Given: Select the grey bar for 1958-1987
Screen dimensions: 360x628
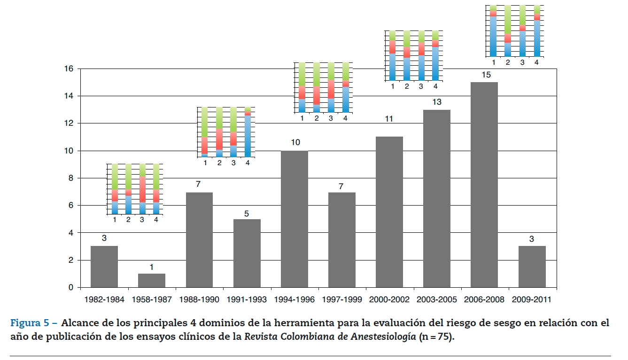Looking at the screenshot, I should (x=152, y=280).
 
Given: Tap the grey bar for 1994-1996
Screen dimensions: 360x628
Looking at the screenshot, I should (x=295, y=219).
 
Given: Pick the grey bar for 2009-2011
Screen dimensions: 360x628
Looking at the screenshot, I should (x=532, y=266).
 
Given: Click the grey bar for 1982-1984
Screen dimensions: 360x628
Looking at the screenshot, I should (x=104, y=266).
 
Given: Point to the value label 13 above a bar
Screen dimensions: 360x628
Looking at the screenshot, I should (x=437, y=102).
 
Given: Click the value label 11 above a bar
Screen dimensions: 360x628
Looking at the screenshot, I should (x=389, y=119).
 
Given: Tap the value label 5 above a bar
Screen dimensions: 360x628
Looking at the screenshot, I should (x=247, y=214).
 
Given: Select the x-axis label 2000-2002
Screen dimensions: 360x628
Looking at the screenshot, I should (x=389, y=299).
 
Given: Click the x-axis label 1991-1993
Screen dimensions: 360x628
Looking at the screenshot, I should (x=247, y=299).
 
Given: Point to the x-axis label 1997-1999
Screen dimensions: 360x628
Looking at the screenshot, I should (x=342, y=299).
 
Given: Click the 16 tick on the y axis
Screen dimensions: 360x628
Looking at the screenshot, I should (x=69, y=69).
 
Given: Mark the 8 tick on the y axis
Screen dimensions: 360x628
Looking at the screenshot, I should (x=70, y=178).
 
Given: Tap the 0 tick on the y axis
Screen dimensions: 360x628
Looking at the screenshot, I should (x=70, y=287).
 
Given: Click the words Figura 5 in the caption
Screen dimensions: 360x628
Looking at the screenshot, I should (x=31, y=323).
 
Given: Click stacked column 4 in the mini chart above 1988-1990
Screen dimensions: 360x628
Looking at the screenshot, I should (x=248, y=132).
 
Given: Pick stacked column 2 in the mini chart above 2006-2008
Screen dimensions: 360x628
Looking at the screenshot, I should (x=507, y=31).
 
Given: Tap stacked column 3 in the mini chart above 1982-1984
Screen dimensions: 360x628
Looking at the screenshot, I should (x=142, y=189).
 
